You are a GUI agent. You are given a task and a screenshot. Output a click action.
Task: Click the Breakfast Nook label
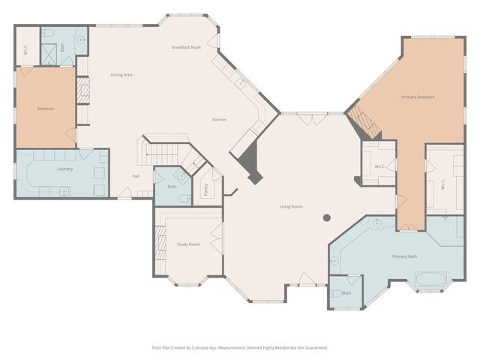186,47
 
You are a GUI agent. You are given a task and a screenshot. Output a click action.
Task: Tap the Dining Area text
121,75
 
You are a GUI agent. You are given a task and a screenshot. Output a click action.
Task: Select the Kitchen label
219,120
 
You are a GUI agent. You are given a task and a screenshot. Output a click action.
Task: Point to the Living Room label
291,206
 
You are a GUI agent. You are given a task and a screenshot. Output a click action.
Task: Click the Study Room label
188,244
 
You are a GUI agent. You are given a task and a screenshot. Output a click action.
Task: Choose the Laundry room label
64,169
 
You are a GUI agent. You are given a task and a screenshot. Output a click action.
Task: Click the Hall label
136,176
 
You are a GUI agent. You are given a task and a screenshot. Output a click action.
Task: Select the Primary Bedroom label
418,97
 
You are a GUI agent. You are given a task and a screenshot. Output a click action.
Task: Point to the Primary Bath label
404,256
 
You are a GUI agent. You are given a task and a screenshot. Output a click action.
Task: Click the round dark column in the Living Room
327,218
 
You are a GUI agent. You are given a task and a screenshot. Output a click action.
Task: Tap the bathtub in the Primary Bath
430,280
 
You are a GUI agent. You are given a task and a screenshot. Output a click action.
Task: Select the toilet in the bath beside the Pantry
184,199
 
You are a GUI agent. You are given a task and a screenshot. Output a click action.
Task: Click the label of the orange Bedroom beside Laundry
46,109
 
